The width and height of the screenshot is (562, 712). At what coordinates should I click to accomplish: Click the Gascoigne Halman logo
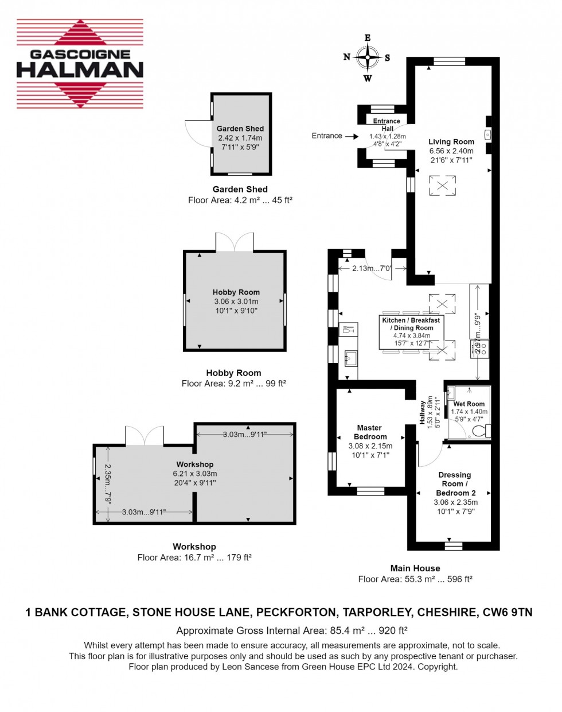(x=80, y=64)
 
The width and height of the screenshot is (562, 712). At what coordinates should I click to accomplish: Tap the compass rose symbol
(x=367, y=57)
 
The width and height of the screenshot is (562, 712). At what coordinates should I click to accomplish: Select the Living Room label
(x=451, y=142)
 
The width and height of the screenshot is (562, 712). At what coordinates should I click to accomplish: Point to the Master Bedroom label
(x=370, y=432)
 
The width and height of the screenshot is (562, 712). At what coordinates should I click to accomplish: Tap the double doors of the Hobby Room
(x=234, y=242)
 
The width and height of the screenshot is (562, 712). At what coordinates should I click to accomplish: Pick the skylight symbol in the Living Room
(x=443, y=185)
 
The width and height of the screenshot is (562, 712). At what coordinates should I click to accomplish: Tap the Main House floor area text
(x=415, y=579)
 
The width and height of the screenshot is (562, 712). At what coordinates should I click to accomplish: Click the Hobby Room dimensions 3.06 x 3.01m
(x=236, y=301)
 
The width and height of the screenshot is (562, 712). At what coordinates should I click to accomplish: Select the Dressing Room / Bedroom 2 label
(x=455, y=484)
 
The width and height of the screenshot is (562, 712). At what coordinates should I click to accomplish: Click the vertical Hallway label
(x=423, y=412)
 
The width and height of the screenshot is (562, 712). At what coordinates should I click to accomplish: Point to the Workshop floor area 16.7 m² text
(x=194, y=558)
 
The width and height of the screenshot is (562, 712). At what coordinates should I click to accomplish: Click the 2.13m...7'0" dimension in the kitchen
(x=372, y=268)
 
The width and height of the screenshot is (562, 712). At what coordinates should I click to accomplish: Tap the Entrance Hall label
(x=387, y=125)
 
